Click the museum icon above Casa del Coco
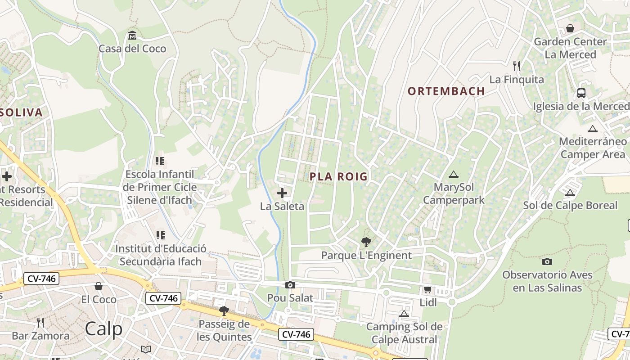click(x=132, y=35)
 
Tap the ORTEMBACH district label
click(x=446, y=91)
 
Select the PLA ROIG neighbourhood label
click(x=338, y=176)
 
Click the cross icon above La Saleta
click(x=282, y=193)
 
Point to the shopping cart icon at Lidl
click(x=427, y=290)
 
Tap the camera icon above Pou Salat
click(x=290, y=285)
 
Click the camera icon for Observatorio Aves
click(x=547, y=261)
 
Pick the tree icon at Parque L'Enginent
click(x=366, y=242)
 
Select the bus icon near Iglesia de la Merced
click(x=581, y=93)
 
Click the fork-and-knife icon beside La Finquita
click(x=517, y=66)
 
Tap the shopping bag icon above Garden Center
click(x=570, y=28)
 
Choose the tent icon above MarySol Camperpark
click(x=453, y=174)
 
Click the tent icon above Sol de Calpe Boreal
click(x=570, y=193)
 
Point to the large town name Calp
click(x=103, y=329)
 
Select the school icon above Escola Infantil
click(x=160, y=161)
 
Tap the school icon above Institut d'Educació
click(x=160, y=235)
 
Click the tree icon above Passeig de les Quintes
click(x=224, y=310)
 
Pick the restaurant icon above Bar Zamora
click(x=40, y=322)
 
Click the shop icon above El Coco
click(x=99, y=286)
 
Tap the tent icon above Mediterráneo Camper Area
click(x=593, y=129)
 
